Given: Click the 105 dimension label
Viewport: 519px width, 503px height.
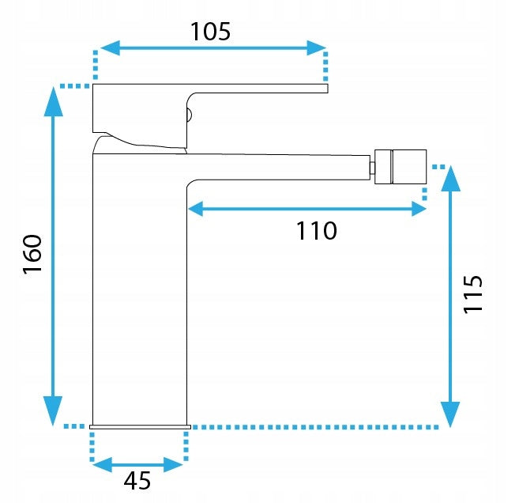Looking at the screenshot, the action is pos(210,32).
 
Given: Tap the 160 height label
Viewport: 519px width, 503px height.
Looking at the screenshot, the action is pos(32,254).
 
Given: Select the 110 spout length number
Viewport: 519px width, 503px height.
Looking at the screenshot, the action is pos(317,231).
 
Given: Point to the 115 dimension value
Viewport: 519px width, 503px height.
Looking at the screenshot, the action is pos(472,294).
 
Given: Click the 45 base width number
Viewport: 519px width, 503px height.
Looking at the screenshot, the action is pos(137,481).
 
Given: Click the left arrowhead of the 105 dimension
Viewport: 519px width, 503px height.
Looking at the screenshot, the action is pos(110,48).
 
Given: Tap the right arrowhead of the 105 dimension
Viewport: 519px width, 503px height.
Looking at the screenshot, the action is pos(317,48).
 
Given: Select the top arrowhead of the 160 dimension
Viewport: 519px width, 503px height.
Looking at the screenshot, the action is pos(53,101).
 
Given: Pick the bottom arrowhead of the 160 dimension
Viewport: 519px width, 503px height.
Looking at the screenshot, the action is pos(53,410).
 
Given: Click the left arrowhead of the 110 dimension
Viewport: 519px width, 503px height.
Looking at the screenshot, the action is pos(195,209).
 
